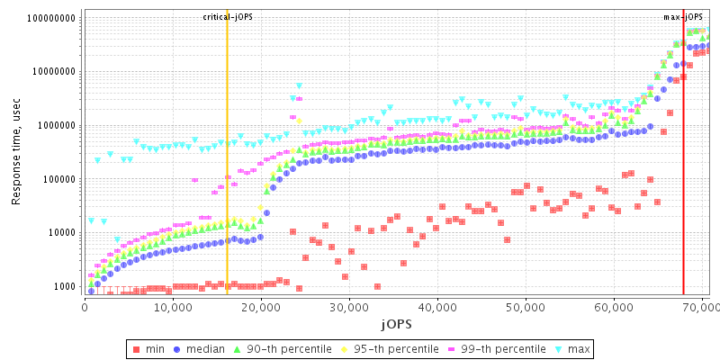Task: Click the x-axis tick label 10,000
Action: [x=172, y=307]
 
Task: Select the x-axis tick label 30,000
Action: [x=348, y=307]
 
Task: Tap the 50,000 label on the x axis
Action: [x=525, y=307]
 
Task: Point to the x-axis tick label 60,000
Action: [x=613, y=307]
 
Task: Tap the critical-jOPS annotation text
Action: [x=227, y=17]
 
